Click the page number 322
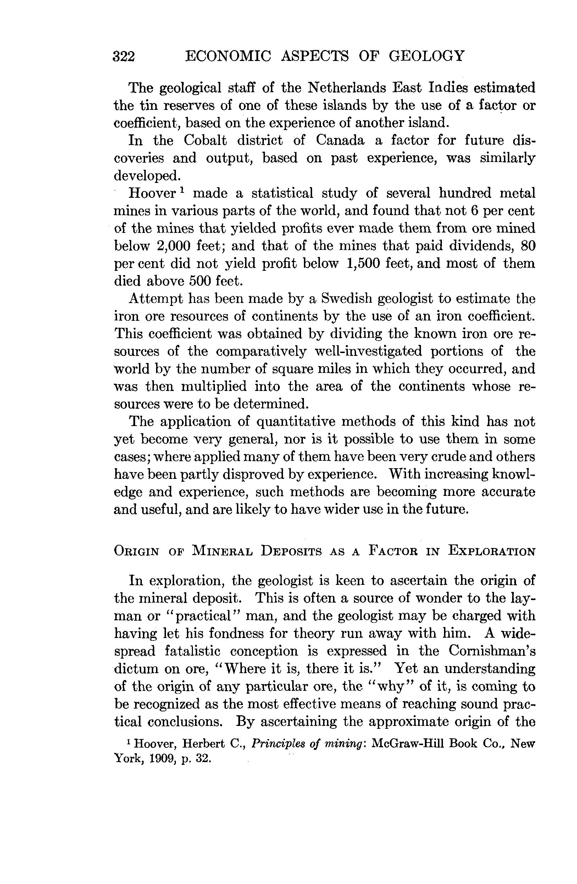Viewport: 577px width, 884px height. pyautogui.click(x=124, y=56)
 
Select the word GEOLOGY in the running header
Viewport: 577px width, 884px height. pyautogui.click(x=427, y=56)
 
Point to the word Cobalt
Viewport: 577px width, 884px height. pyautogui.click(x=205, y=140)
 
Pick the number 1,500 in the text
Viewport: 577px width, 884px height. pyautogui.click(x=363, y=263)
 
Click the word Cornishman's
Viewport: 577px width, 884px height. pyautogui.click(x=492, y=651)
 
